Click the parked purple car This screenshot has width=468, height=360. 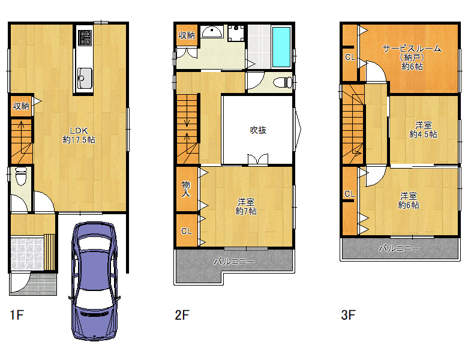pyautogui.click(x=94, y=281)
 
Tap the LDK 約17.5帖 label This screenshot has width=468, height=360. pyautogui.click(x=79, y=135)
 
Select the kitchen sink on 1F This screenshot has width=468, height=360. pyautogui.click(x=85, y=78)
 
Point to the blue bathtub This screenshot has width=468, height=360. pyautogui.click(x=281, y=47)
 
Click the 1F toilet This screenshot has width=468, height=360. pyautogui.click(x=21, y=176)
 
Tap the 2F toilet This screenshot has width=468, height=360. pyautogui.click(x=283, y=82)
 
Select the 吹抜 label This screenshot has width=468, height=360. pyautogui.click(x=258, y=130)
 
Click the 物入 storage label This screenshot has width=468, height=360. pyautogui.click(x=186, y=189)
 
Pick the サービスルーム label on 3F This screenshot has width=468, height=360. pyautogui.click(x=412, y=49)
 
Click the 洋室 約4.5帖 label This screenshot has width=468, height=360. pyautogui.click(x=423, y=130)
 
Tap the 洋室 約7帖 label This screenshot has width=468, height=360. pyautogui.click(x=246, y=206)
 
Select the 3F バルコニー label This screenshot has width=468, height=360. pyautogui.click(x=399, y=248)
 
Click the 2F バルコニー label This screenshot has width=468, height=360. pyautogui.click(x=234, y=262)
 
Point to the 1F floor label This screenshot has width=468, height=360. pyautogui.click(x=17, y=315)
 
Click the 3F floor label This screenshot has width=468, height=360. pyautogui.click(x=348, y=315)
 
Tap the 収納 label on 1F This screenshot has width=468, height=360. pyautogui.click(x=21, y=106)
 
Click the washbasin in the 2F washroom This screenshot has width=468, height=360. pyautogui.click(x=212, y=32)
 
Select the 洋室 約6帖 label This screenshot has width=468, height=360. pyautogui.click(x=409, y=200)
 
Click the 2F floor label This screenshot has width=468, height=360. pyautogui.click(x=182, y=315)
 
